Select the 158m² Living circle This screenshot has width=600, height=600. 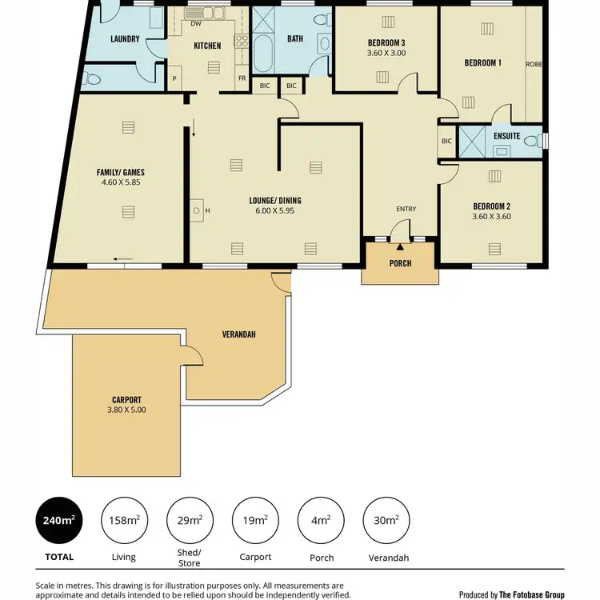click(124, 520)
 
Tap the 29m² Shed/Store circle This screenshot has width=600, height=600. click(190, 520)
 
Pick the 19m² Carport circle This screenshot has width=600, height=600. click(255, 520)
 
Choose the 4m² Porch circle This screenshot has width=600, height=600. click(320, 520)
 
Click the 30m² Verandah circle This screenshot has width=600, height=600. click(386, 520)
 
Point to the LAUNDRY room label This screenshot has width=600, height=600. click(126, 39)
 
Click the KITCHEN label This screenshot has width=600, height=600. click(207, 46)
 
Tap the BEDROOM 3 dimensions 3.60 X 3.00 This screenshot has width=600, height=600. click(386, 54)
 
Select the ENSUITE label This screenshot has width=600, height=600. click(506, 137)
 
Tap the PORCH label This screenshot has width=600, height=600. click(400, 263)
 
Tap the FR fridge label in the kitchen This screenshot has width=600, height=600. click(242, 78)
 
